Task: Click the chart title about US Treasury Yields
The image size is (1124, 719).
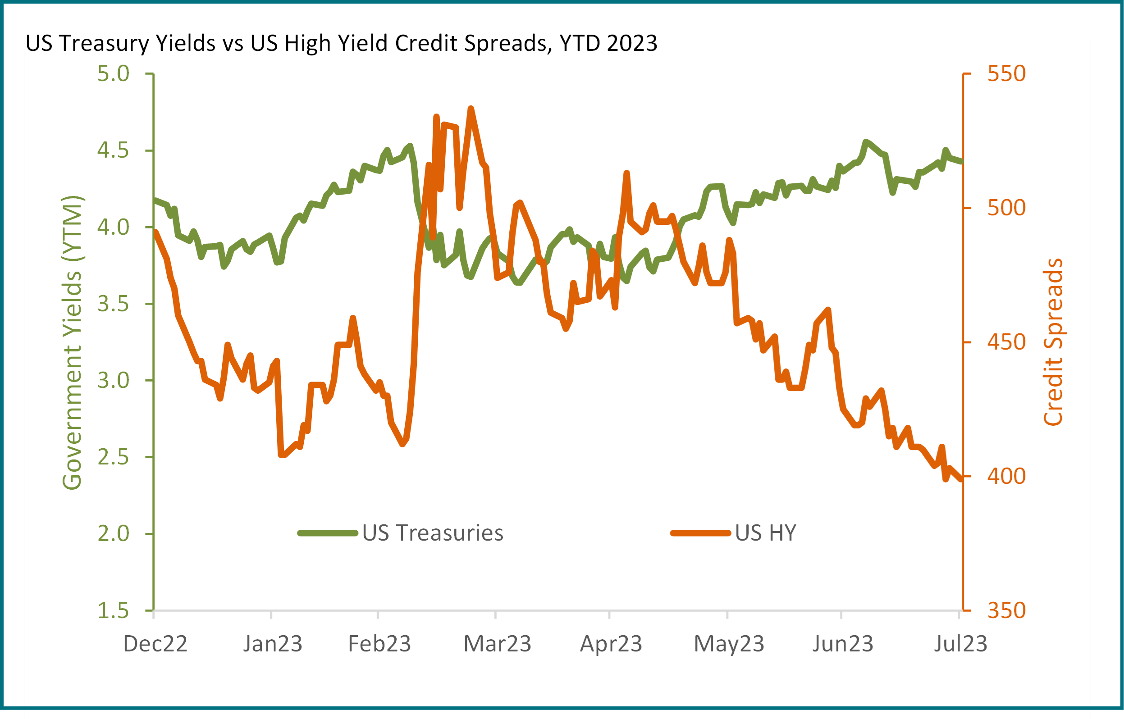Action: point(341,45)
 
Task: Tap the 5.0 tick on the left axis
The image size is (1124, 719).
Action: point(113,74)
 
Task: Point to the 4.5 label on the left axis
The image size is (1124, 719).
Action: point(113,150)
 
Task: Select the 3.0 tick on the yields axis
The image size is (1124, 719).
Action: point(113,381)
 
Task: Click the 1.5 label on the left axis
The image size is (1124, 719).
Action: point(113,611)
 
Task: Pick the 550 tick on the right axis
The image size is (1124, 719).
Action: point(1006,74)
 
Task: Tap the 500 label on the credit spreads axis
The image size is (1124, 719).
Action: point(1006,208)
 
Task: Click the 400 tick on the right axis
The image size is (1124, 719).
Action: point(1006,476)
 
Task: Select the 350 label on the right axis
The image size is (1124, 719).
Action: point(1006,611)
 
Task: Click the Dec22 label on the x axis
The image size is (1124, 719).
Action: point(155,644)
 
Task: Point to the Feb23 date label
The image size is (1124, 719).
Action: point(379,644)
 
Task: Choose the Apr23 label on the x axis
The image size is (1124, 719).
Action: point(611,644)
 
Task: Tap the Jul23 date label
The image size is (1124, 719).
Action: point(960,644)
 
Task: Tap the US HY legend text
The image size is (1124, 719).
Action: point(765,532)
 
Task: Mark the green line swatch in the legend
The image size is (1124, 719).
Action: point(327,532)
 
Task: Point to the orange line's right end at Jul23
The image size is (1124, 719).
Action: point(960,479)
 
